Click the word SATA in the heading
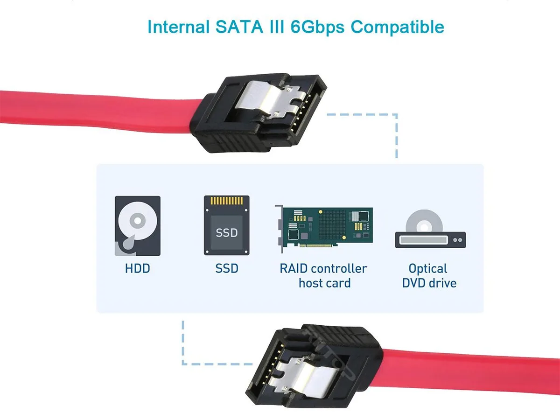click(239, 27)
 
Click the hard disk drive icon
click(138, 226)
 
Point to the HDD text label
click(138, 268)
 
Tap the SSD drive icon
click(226, 225)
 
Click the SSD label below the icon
click(226, 268)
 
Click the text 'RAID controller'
click(323, 268)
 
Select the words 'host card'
click(324, 283)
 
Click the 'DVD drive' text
click(429, 283)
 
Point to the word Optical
click(427, 269)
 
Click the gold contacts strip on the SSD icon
click(226, 201)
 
